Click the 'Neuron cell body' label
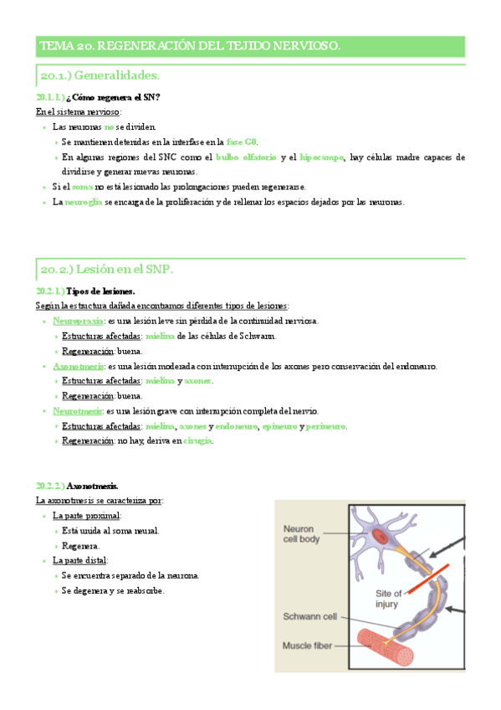coord(303,534)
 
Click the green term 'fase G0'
coord(242,142)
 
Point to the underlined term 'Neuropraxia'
coord(78,321)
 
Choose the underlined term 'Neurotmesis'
coord(77,411)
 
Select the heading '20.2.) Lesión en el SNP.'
coord(106,269)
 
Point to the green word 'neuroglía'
coord(84,202)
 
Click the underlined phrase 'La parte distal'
coord(79,560)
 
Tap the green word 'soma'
coord(83,187)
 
